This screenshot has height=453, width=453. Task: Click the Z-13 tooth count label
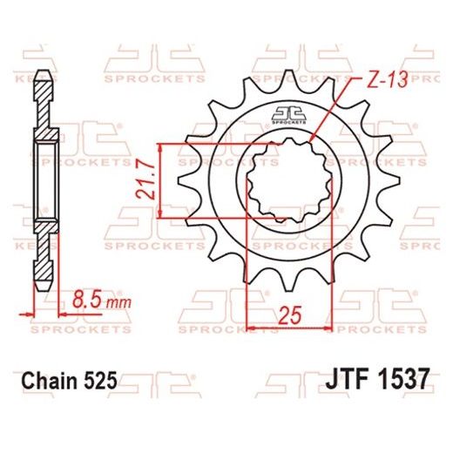point(377,82)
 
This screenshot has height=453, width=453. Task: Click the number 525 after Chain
point(99,381)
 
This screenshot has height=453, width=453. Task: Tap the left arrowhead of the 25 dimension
point(254,328)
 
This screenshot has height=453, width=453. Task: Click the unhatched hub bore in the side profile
point(46,180)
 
